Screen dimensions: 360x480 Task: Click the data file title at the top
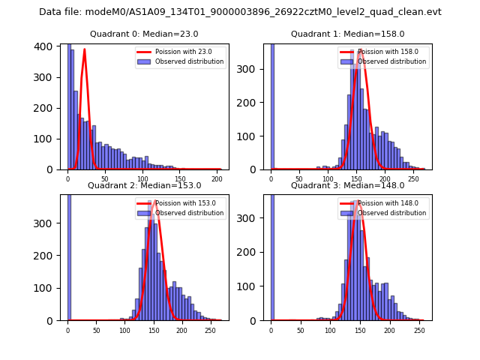240,12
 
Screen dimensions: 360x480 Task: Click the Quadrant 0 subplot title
144,34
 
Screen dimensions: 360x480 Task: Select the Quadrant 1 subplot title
347,34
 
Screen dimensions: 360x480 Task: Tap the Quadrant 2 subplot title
144,185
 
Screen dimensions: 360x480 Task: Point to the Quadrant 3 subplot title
347,185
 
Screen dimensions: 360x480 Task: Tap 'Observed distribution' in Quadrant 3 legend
392,213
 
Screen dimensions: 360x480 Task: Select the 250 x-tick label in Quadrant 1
413,179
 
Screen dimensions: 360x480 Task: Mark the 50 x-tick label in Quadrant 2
96,330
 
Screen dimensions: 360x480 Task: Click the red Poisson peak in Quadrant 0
85,50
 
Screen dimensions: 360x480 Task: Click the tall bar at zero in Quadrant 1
271,105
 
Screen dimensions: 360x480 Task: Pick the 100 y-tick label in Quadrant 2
48,288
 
